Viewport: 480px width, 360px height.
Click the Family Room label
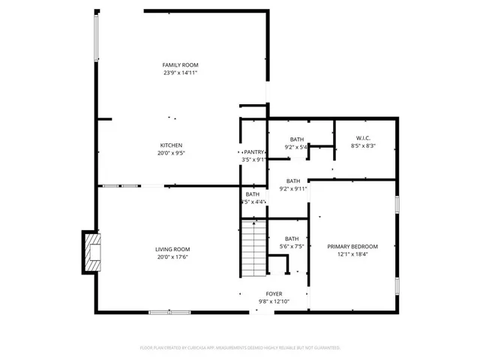tap(180, 65)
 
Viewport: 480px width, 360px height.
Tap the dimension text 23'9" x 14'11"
tap(180, 73)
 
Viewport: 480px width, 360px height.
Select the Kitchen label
tap(171, 145)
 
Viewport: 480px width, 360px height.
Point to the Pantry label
tap(253, 152)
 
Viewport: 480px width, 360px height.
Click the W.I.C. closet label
tap(363, 138)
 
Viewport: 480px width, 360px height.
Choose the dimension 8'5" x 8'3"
tap(363, 145)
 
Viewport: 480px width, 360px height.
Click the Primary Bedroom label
tap(352, 247)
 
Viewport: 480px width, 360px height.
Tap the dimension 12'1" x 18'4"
tap(352, 254)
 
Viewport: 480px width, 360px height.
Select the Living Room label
tap(172, 250)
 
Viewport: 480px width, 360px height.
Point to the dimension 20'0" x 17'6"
tap(172, 257)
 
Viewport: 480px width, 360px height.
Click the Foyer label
tap(274, 294)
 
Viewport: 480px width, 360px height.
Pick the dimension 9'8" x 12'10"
tap(274, 301)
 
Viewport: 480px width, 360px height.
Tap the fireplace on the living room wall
tap(91, 252)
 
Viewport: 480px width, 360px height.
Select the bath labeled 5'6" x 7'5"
tap(292, 238)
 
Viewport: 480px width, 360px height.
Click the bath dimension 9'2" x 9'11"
tap(292, 188)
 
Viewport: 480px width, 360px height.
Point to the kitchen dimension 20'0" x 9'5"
tap(171, 153)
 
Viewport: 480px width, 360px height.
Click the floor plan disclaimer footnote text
tap(240, 348)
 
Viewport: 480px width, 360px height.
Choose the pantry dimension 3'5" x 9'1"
tap(253, 159)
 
